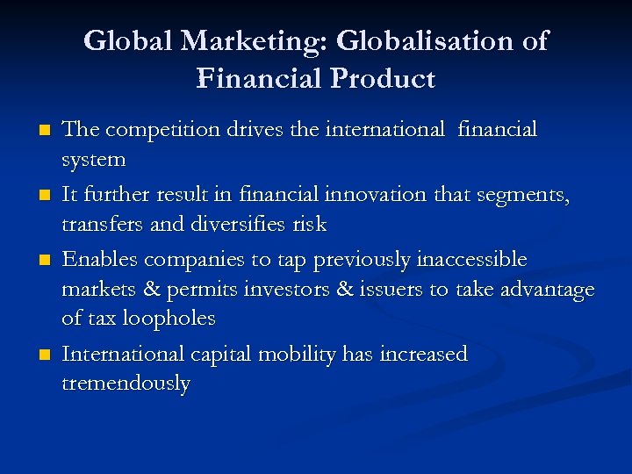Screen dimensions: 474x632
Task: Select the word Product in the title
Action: (x=383, y=79)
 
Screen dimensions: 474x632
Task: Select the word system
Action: (x=94, y=161)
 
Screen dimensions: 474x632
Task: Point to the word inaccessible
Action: (x=472, y=259)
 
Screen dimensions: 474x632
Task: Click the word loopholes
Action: (x=169, y=319)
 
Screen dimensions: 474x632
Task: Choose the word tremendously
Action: (x=126, y=384)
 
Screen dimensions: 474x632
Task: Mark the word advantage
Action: (x=546, y=289)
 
